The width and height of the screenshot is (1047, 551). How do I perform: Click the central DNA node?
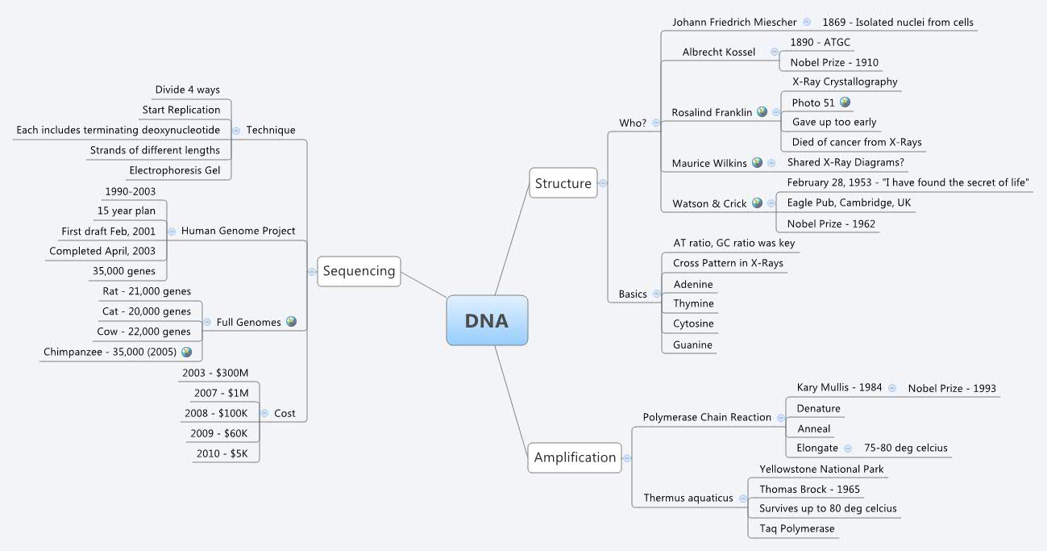point(487,320)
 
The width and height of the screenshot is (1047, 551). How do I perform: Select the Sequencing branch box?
point(359,271)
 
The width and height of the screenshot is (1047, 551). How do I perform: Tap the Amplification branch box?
point(575,457)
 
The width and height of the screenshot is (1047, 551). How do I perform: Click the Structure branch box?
point(563,183)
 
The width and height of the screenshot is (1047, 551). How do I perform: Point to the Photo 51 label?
point(813,102)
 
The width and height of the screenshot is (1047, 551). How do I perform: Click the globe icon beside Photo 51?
point(845,102)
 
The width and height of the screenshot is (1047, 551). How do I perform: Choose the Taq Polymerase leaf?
point(796,529)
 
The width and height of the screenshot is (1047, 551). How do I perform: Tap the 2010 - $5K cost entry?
point(227,453)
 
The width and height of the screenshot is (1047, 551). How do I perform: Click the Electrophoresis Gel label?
point(174,170)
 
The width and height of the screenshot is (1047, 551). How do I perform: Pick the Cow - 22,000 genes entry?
point(147,332)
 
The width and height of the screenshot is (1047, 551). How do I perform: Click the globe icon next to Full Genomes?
point(291,322)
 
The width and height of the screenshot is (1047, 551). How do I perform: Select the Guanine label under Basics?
point(692,344)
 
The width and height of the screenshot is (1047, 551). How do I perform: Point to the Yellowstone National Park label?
point(821,469)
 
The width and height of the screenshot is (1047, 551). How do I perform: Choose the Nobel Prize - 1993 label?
point(952,388)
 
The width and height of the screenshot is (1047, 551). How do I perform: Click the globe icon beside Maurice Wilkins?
point(757,163)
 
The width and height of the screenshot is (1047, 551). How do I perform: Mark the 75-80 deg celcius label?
point(905,448)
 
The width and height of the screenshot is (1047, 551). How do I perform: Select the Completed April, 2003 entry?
point(102,251)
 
